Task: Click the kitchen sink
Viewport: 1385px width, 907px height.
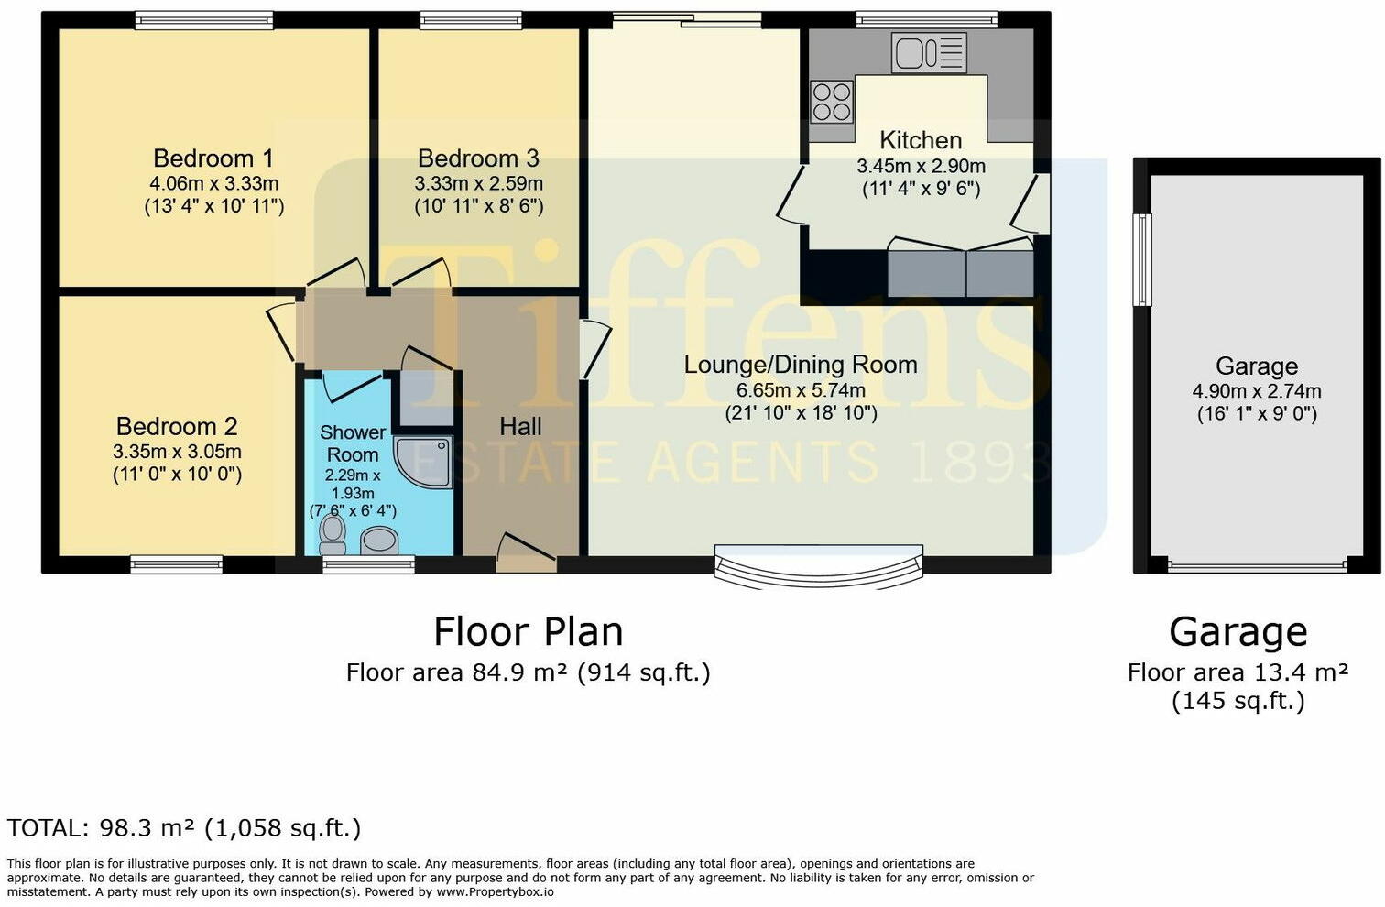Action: (x=929, y=52)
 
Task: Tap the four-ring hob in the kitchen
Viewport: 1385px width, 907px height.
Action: (x=832, y=102)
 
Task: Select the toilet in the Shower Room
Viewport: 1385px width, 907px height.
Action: (x=332, y=535)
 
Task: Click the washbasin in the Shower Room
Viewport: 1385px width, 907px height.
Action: (x=379, y=541)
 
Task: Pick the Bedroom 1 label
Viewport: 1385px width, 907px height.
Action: (x=213, y=158)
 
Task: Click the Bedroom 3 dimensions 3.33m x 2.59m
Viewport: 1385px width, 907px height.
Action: (x=478, y=183)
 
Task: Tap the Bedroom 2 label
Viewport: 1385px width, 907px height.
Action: (x=177, y=427)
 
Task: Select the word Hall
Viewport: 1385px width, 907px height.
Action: (x=520, y=426)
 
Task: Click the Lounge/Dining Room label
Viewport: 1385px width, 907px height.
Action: (x=801, y=365)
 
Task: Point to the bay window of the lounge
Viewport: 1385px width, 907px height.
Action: (x=819, y=565)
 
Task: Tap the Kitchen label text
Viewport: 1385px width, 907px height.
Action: (x=921, y=140)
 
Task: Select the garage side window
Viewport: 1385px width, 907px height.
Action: (x=1142, y=259)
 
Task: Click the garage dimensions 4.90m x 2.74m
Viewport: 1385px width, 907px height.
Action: (x=1257, y=391)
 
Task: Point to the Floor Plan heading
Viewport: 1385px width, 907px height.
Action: (x=528, y=632)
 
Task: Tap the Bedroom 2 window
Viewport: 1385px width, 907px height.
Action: (x=176, y=564)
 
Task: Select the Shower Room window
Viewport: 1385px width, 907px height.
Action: (x=368, y=564)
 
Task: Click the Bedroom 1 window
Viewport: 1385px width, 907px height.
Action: (x=204, y=20)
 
